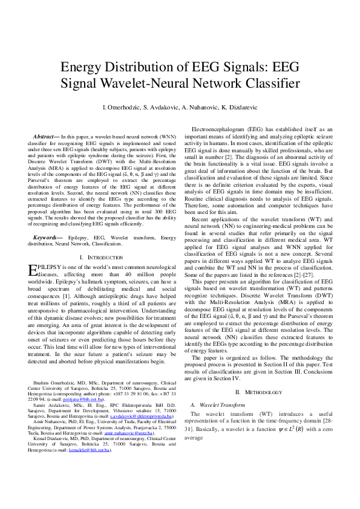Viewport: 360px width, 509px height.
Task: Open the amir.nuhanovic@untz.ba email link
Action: click(133, 433)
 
